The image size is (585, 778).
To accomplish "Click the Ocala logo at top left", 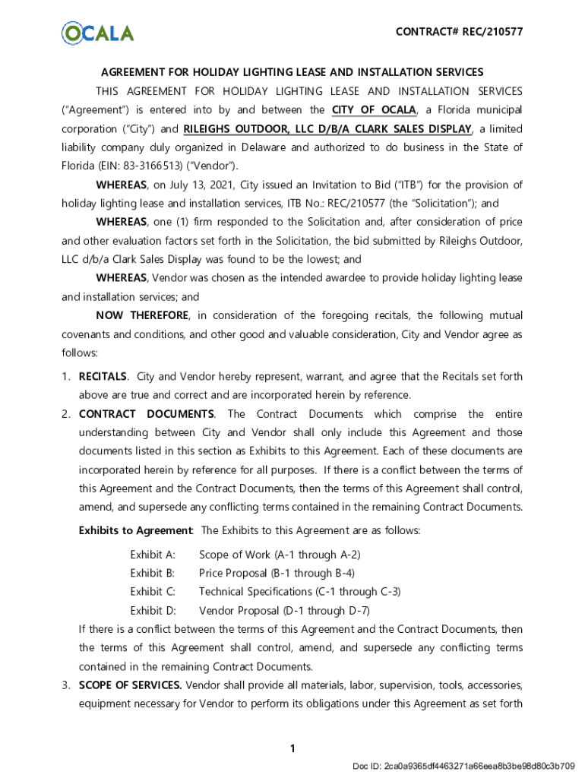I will pos(97,33).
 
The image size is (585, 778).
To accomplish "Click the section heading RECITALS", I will pos(103,377).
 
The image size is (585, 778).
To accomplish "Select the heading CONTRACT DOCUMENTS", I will pos(146,414).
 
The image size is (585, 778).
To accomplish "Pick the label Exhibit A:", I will pos(153,555).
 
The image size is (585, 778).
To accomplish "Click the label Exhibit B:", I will pos(153,573).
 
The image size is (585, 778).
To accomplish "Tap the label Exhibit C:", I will pos(153,591).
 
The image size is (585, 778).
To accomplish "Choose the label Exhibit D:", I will pos(153,610).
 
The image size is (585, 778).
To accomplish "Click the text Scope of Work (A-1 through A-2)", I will pos(280,555).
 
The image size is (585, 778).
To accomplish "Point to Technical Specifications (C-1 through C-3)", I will pos(299,591).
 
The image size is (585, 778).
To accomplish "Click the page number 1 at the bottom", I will pos(292,749).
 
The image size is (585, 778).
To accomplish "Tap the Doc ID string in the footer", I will pos(463,765).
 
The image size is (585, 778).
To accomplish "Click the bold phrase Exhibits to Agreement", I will pos(135,530).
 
